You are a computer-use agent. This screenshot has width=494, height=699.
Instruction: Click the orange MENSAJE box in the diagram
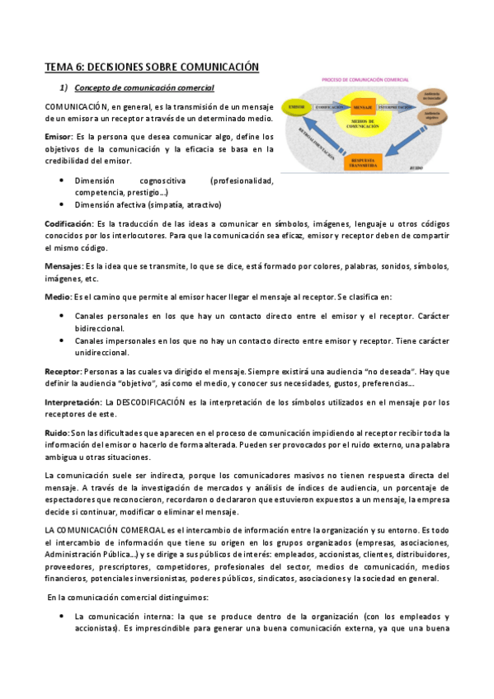363,108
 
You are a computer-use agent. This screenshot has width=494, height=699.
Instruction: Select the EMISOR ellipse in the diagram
296,107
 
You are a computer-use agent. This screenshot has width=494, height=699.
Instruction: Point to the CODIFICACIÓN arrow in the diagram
329,107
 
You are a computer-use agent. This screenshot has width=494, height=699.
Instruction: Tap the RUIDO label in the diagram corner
416,168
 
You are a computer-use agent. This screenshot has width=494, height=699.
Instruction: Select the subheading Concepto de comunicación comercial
144,87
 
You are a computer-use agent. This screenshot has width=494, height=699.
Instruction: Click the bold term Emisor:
59,135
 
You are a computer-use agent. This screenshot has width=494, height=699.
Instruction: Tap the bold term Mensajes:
64,266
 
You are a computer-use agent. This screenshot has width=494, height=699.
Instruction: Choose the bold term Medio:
58,296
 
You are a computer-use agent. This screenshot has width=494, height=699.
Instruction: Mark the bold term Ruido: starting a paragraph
57,433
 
